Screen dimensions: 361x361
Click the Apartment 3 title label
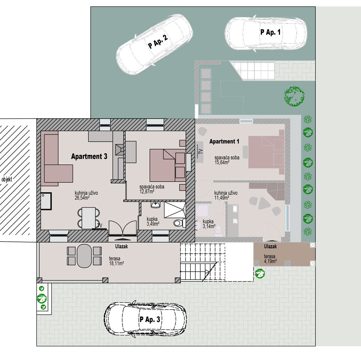[89, 156]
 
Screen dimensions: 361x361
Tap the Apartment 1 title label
[224, 141]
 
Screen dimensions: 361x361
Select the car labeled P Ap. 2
[154, 44]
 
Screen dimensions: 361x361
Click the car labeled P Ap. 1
[266, 33]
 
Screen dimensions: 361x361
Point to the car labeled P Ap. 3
[145, 319]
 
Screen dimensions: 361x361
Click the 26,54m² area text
[82, 198]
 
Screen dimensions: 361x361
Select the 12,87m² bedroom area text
[147, 191]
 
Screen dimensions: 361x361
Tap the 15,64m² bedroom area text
[222, 162]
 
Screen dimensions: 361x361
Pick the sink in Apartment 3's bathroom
[155, 205]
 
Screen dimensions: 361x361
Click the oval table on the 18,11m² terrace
[84, 256]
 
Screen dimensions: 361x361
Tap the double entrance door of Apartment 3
[123, 229]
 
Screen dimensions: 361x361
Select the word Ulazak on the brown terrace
[270, 246]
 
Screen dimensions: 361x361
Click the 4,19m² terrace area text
[270, 261]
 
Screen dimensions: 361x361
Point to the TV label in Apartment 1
[201, 151]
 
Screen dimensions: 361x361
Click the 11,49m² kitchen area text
[222, 198]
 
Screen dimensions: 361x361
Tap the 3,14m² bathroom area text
[209, 226]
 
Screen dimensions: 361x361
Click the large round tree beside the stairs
[294, 96]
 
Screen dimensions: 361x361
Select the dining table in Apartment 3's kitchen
[89, 218]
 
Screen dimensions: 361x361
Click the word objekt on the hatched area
[7, 179]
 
